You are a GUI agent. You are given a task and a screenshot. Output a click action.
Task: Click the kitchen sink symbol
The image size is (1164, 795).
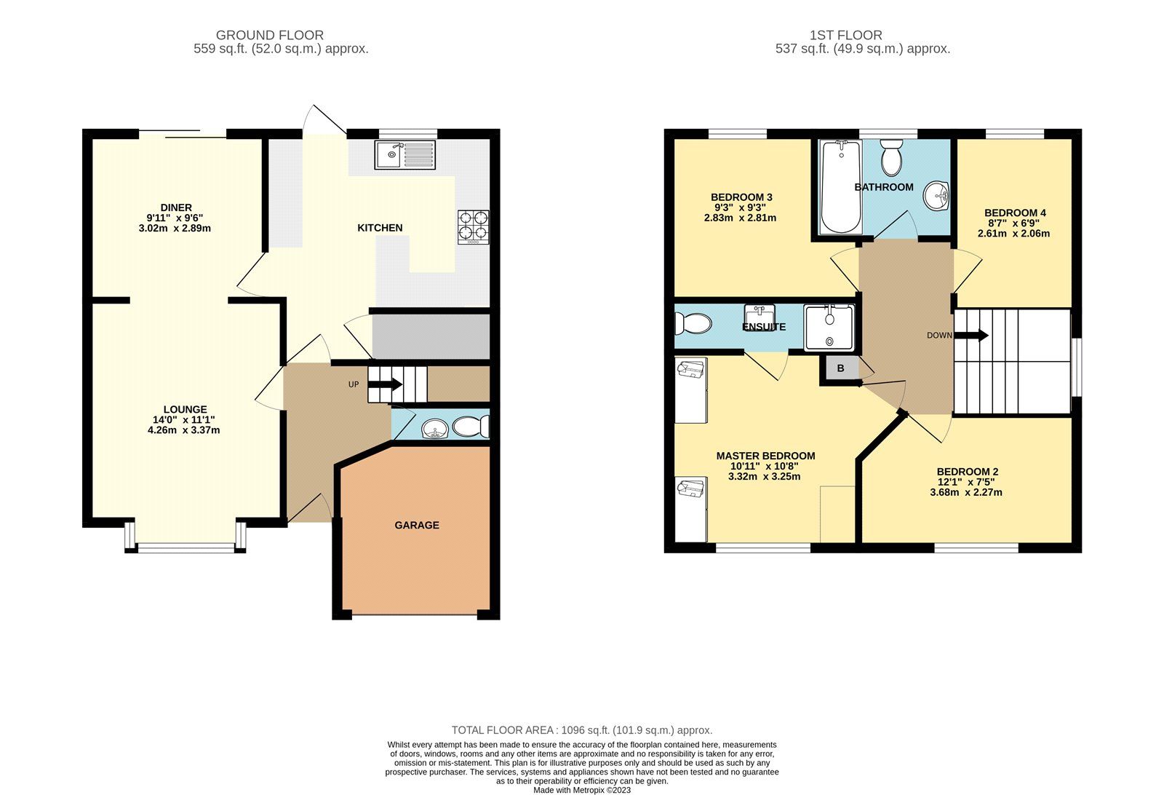405,154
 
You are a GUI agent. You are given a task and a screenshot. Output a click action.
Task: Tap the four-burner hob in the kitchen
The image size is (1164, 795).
473,226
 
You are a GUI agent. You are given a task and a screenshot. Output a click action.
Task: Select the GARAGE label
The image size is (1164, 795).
417,525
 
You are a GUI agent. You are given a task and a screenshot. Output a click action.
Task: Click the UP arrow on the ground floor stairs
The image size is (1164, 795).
386,384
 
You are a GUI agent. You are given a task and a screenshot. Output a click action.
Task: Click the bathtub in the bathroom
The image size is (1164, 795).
840,187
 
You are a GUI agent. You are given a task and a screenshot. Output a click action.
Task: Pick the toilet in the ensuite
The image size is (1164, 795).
692,323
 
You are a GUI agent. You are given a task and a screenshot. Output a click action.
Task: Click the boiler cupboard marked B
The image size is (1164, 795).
840,368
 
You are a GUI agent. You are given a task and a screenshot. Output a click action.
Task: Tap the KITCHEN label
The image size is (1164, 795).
380,228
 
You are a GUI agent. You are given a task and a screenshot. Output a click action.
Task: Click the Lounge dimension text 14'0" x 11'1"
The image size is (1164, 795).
184,419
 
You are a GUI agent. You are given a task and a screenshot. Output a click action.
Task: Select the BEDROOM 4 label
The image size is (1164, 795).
1016,213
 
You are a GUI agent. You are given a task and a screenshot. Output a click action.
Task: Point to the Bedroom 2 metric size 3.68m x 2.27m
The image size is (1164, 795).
965,492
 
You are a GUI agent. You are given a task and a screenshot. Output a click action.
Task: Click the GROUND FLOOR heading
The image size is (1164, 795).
269,35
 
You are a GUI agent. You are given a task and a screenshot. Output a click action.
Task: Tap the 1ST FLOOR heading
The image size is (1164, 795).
845,35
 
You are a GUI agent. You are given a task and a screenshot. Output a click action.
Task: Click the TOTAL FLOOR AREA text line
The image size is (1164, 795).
581,730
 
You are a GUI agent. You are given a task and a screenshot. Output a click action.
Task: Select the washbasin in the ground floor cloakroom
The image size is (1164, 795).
435,429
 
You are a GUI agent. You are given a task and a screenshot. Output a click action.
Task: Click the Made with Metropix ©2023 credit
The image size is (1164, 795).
581,790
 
